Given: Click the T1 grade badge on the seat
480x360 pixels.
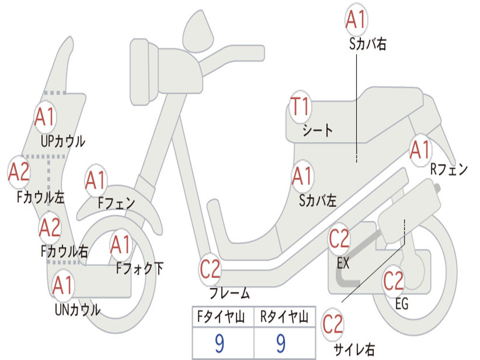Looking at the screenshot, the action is (300, 107).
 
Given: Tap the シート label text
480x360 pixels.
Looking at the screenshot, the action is (317, 130).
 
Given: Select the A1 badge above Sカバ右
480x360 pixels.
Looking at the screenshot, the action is (356, 19).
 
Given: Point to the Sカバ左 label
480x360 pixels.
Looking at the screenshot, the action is (318, 201).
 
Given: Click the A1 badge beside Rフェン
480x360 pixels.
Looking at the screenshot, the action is (420, 150).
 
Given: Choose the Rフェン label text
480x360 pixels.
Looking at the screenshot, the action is (449, 170).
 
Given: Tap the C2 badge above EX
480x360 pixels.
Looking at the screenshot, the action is (339, 240).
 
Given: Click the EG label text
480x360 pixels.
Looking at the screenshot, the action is (402, 304).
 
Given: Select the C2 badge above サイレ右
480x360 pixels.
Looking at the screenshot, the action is (333, 324).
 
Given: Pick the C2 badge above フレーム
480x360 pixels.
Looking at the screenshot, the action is (210, 270).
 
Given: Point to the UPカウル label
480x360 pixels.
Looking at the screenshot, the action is (63, 141).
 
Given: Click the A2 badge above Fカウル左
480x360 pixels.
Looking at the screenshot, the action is (20, 172).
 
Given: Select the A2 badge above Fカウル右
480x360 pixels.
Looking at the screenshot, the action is (50, 228).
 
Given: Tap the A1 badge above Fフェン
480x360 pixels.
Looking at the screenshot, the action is (96, 180).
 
